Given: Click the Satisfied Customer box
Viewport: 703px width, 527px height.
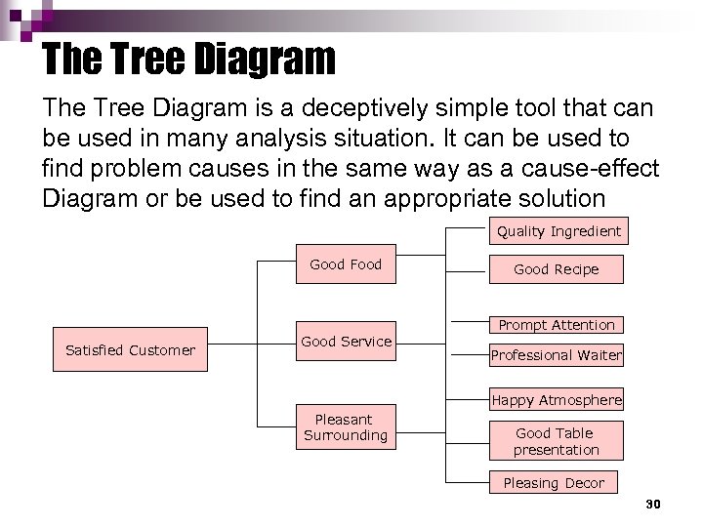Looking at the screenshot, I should point(130,349).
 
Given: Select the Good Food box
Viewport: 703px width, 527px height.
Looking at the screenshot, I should point(346,263).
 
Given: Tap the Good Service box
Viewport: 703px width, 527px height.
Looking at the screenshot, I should point(346,341).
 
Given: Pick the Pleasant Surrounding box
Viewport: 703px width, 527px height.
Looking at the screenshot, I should point(345,427).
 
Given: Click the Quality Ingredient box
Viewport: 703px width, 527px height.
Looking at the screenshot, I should point(558,231).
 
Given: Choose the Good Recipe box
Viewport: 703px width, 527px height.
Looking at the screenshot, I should point(556,269).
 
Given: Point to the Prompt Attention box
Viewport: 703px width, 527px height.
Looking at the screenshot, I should point(556,325).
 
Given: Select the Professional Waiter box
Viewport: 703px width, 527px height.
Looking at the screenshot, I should point(556,355).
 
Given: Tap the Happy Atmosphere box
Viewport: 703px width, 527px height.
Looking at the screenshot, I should point(556,400).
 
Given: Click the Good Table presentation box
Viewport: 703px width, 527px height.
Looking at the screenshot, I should point(556,441).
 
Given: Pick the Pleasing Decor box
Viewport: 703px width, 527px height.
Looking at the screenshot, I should point(554,483).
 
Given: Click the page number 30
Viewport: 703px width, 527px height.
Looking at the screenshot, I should point(653,505).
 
